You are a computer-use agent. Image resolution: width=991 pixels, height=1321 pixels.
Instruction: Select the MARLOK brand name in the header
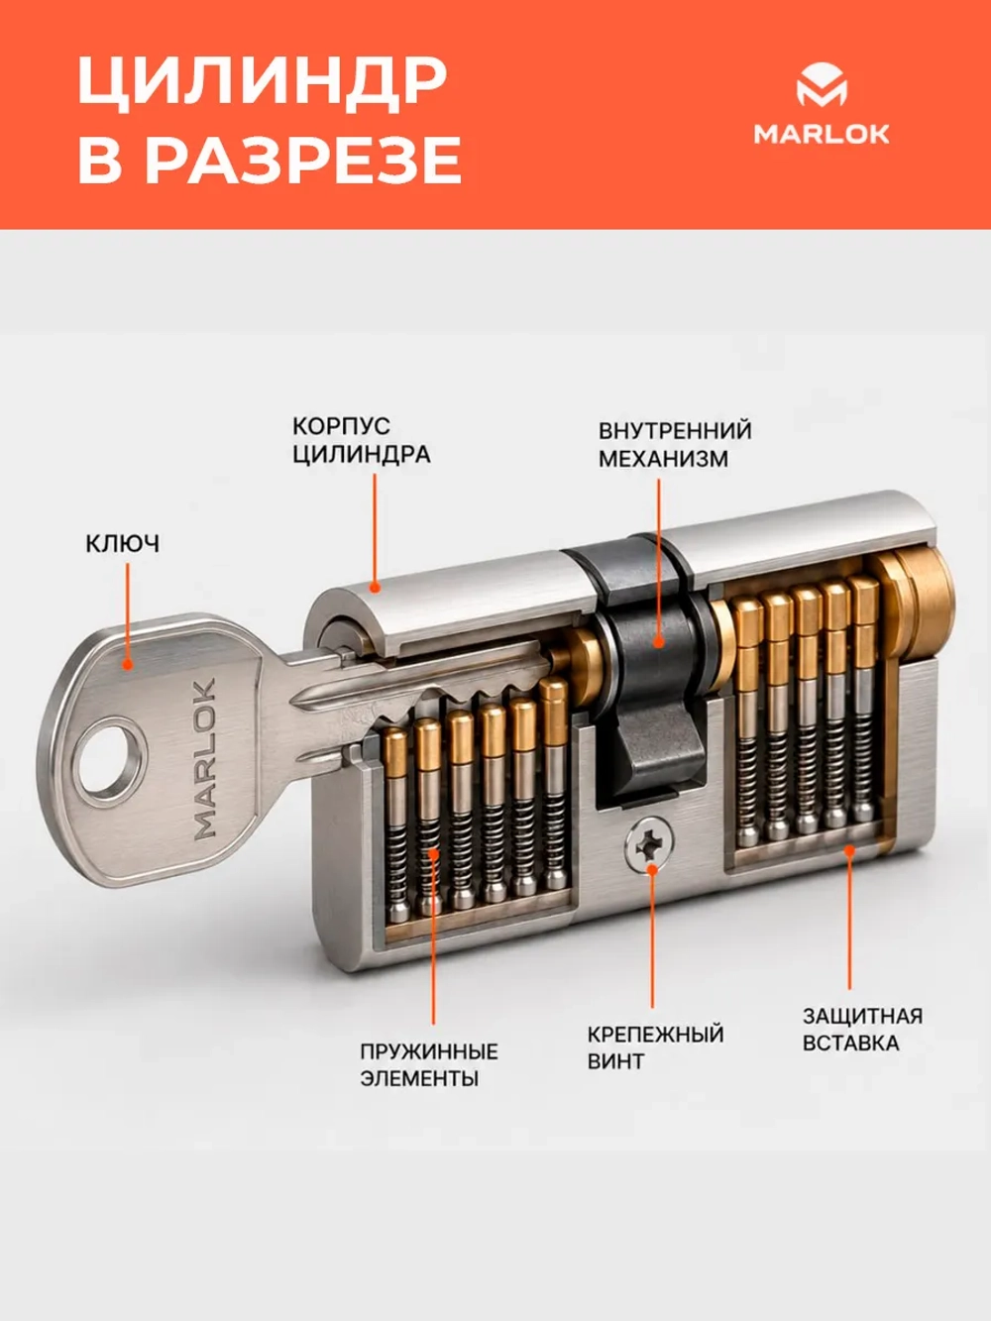[x=822, y=135]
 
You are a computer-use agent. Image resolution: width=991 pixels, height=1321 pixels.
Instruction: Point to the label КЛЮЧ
[x=123, y=544]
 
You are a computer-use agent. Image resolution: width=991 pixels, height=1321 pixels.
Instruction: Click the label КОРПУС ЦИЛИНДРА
[x=362, y=441]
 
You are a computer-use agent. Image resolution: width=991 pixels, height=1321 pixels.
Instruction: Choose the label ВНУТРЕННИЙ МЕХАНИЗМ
[x=675, y=445]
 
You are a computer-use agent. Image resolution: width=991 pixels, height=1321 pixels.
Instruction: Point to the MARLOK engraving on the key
[x=204, y=758]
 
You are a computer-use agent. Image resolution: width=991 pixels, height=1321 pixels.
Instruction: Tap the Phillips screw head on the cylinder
[x=649, y=844]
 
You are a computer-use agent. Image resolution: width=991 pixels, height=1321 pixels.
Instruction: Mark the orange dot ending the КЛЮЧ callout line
[x=127, y=664]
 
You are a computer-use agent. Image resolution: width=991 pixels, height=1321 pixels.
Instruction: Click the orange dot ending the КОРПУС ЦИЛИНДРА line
[x=375, y=587]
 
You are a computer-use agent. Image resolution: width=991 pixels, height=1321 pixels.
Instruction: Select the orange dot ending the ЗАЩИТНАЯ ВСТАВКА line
[x=849, y=850]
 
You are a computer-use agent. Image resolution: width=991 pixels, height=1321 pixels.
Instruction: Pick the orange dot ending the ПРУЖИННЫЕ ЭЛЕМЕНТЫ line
[x=433, y=854]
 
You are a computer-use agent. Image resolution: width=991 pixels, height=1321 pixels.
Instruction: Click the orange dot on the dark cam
[x=659, y=642]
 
